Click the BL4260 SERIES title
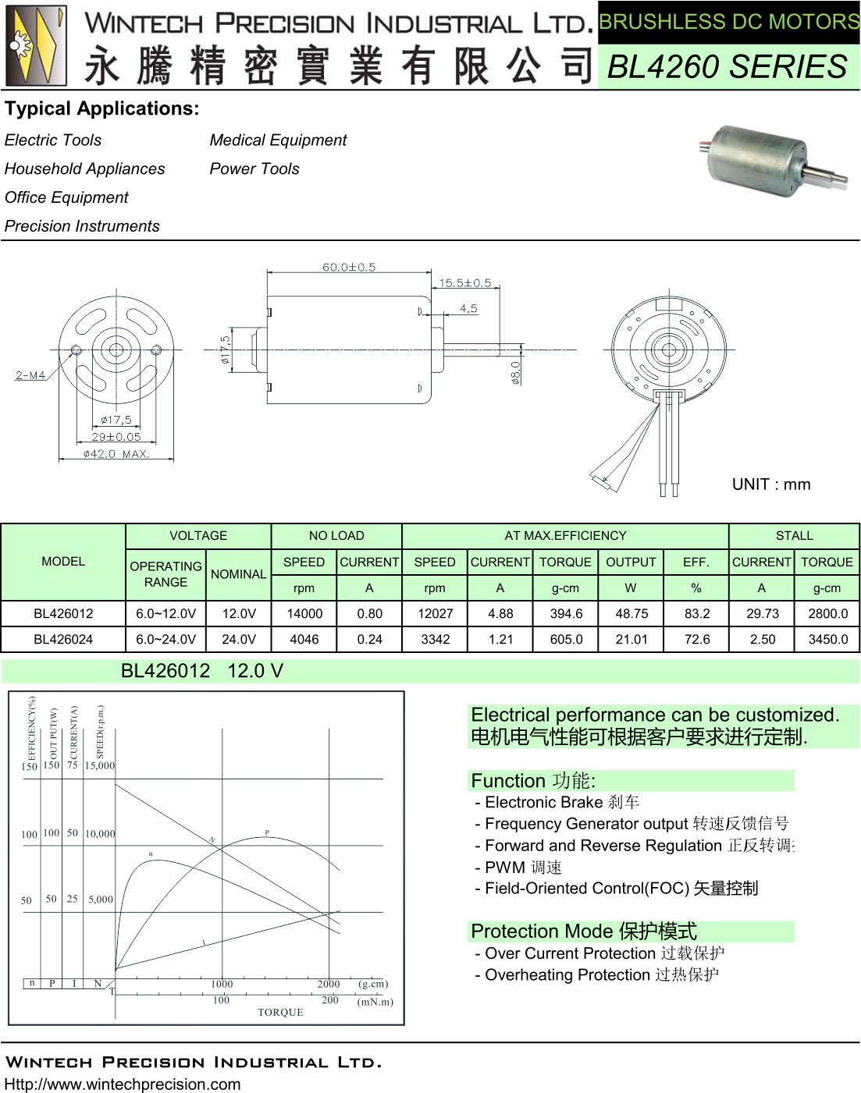click(x=727, y=67)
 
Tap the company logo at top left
click(x=37, y=45)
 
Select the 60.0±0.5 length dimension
click(x=349, y=267)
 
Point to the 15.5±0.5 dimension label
click(x=464, y=283)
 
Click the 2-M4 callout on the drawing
click(x=30, y=375)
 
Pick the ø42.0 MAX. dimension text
click(x=116, y=453)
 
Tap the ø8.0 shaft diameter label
click(x=515, y=372)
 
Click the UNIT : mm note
click(x=770, y=484)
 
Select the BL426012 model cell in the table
click(x=63, y=614)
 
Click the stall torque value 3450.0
click(x=827, y=640)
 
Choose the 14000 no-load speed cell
click(x=304, y=614)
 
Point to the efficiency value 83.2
click(x=696, y=614)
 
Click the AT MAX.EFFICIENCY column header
click(x=565, y=536)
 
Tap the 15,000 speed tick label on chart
click(x=100, y=766)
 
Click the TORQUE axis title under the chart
click(x=280, y=1013)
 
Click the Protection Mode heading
click(x=584, y=932)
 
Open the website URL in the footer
click(x=123, y=1084)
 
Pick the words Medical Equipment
click(x=278, y=140)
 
